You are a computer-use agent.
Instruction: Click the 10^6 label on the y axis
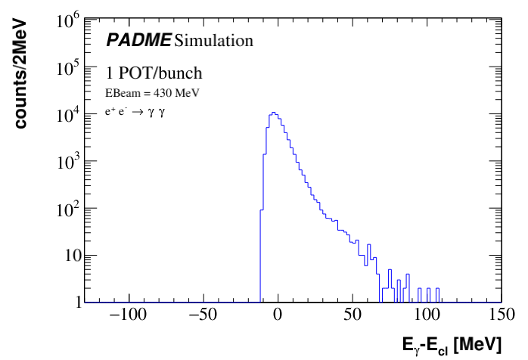click(69, 22)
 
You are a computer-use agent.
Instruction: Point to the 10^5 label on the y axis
click(69, 69)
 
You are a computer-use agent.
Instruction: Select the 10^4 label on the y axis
click(69, 116)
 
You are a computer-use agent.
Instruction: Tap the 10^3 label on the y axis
click(69, 163)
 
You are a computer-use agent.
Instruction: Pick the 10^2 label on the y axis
click(69, 209)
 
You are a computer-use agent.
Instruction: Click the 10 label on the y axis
click(73, 256)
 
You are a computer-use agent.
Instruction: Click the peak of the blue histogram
click(274, 113)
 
